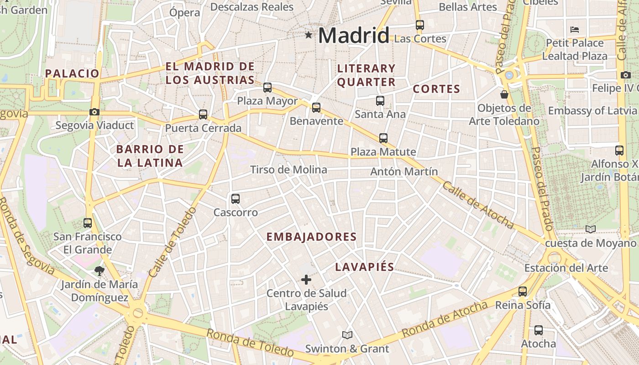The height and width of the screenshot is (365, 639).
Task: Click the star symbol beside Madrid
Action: coord(309,35)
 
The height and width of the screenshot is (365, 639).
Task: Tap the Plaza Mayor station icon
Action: coord(267,88)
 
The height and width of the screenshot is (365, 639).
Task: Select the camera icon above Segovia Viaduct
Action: coord(94,112)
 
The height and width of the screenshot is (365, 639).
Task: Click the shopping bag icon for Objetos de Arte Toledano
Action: coord(504,94)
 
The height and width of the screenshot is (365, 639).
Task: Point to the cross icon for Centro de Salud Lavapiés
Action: coord(306,279)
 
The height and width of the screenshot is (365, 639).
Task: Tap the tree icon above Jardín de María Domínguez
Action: coord(99,271)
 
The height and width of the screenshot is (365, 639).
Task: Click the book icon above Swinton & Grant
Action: coord(347,335)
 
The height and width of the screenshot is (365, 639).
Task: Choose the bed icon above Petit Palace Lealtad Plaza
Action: coord(575,30)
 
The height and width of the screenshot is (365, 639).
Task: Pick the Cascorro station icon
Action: coord(236,199)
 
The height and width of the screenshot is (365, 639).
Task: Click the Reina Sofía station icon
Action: coord(523,291)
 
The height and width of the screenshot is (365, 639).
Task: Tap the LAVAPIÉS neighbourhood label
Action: coord(365,267)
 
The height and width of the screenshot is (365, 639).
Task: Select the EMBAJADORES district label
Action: coord(311,237)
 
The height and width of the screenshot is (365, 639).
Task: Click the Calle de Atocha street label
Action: coord(478,205)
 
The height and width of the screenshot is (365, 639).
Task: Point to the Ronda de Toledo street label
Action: coord(250,343)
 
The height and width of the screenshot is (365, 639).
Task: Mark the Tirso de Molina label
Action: coord(288,170)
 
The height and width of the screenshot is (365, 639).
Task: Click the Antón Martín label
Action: coord(404,172)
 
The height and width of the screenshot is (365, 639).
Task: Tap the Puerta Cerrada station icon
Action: coord(203,115)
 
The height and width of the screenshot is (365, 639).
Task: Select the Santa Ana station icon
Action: coord(380,101)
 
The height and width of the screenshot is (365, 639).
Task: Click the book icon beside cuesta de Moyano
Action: coord(591,229)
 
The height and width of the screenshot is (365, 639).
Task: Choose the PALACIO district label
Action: coord(72,73)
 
